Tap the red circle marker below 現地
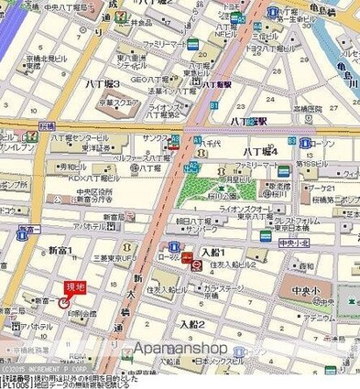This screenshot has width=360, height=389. (x=64, y=302)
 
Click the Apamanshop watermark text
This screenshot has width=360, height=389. (x=181, y=348)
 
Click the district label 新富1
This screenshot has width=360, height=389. (x=60, y=250)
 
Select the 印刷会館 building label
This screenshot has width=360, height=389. (x=81, y=313)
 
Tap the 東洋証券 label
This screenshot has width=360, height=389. (x=93, y=145)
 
